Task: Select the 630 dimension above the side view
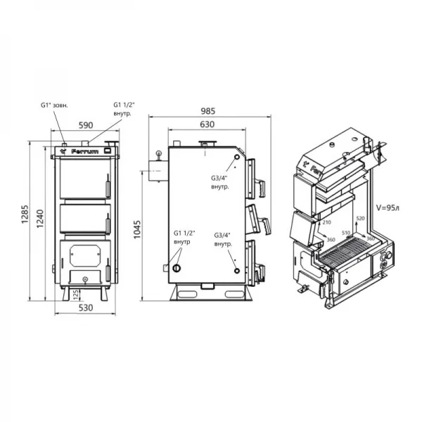point(207,124)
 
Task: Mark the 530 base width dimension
point(84,307)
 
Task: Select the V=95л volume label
point(388,208)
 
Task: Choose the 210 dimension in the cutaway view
point(326,222)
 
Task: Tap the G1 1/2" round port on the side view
point(177,268)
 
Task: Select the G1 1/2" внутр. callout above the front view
point(124,110)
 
